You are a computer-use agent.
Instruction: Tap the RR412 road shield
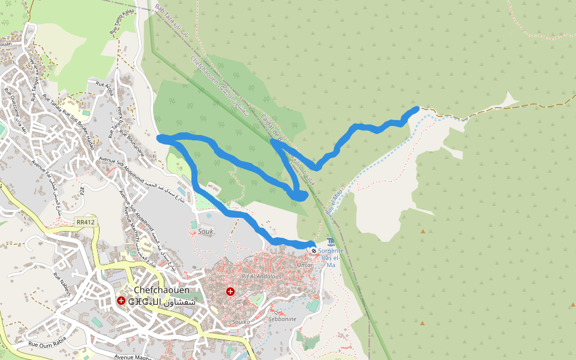click(x=85, y=222)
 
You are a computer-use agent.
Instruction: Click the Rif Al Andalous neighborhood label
click(x=262, y=276)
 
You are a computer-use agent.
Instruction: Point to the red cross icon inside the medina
click(x=230, y=292)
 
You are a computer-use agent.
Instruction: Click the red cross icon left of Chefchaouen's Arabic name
click(x=122, y=300)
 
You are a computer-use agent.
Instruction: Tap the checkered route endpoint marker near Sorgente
click(x=313, y=250)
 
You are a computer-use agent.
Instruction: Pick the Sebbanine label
click(x=282, y=319)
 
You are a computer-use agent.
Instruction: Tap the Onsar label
click(x=305, y=264)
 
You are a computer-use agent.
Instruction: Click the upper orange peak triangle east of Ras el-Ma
click(x=422, y=231)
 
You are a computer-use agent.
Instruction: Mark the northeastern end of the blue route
click(x=416, y=109)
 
